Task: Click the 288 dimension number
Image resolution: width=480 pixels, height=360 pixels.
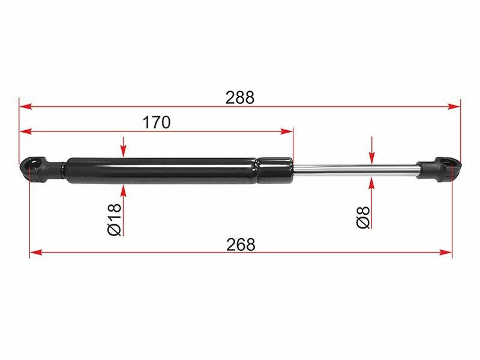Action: point(239,98)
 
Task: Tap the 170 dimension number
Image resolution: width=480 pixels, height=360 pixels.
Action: point(157,122)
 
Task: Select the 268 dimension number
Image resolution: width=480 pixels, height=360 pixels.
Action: point(241,245)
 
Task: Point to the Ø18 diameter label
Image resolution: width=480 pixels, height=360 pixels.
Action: point(115,219)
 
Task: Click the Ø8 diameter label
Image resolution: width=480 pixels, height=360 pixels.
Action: point(364,217)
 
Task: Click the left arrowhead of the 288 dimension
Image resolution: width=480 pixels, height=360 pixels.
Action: point(25,107)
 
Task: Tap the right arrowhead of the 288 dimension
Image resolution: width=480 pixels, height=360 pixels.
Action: point(454,107)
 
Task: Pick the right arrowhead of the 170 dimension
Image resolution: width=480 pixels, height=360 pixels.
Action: point(287,131)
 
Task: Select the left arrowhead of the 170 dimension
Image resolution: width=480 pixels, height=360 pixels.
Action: point(25,131)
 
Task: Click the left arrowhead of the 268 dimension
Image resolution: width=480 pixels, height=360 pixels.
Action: point(36,253)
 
